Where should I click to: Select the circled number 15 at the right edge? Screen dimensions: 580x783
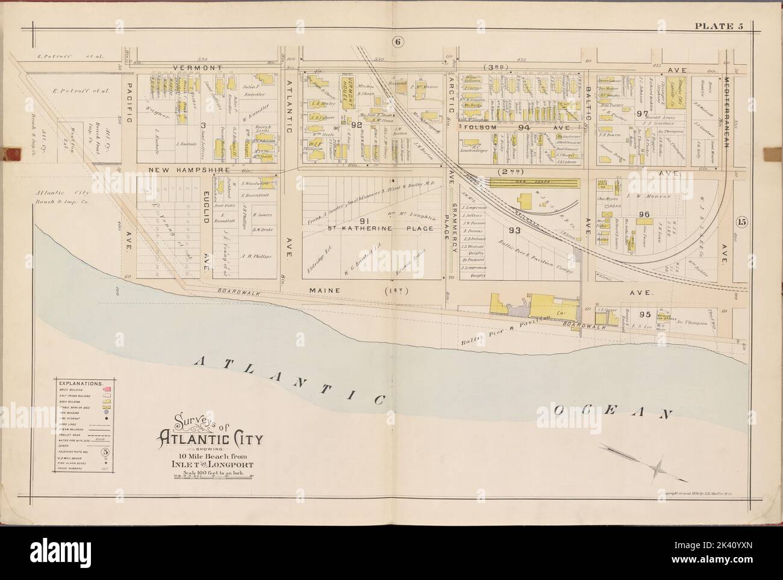coord(740,221)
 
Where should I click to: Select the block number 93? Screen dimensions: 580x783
coord(514,230)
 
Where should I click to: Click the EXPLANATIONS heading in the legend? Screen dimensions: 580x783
coord(80,382)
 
